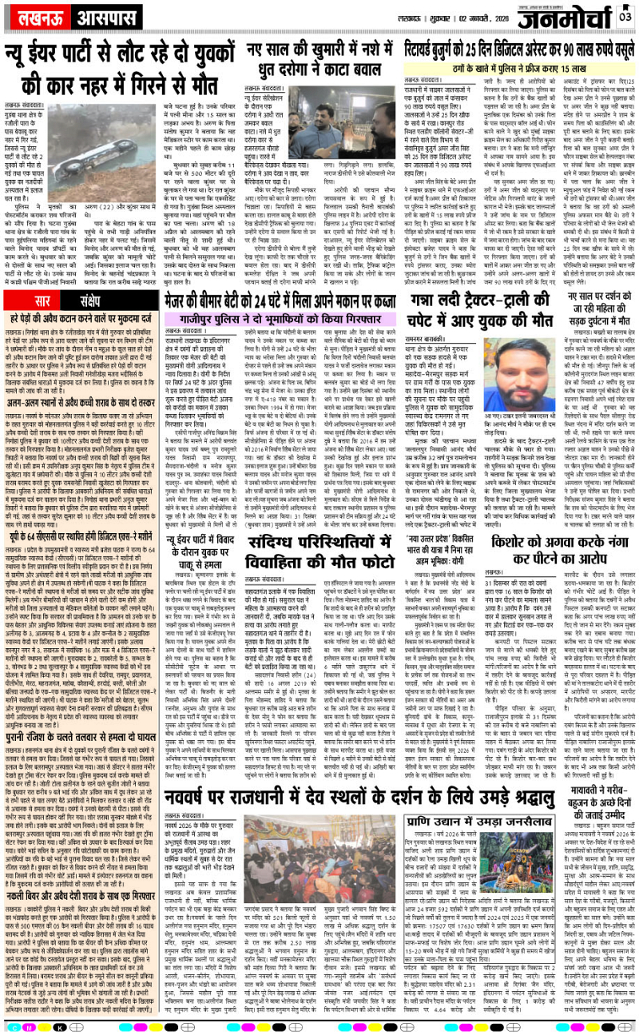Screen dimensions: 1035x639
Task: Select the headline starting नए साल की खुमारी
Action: (x=319, y=54)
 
